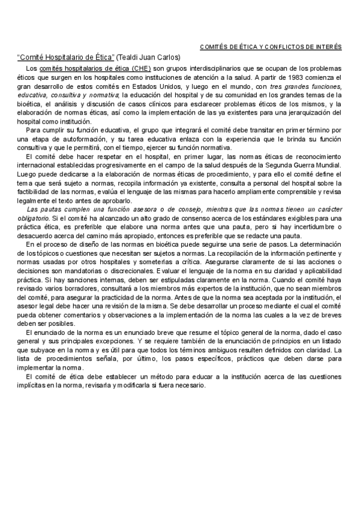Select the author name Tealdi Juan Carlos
point(149,58)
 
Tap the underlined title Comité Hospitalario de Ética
point(67,58)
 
